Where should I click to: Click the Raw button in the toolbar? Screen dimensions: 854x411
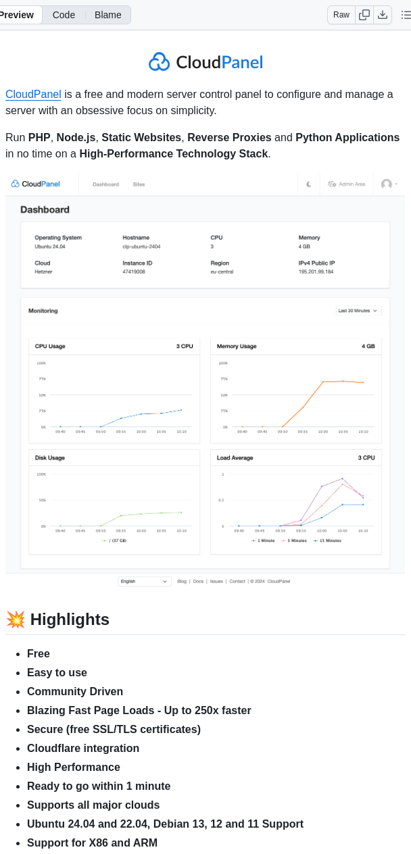341,15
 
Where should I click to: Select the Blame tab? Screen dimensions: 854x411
108,15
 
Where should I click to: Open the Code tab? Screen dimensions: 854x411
64,15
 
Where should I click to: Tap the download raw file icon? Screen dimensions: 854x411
383,15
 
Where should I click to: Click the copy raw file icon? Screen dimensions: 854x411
364,15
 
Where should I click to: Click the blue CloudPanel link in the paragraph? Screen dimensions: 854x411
33,95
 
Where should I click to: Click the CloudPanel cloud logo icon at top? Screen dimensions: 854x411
160,62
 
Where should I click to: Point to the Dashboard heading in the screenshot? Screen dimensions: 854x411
45,209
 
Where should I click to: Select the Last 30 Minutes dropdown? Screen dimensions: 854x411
358,311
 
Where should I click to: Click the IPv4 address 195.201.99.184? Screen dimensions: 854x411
316,272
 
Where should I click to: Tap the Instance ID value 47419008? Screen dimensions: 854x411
134,272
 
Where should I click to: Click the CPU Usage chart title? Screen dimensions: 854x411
50,347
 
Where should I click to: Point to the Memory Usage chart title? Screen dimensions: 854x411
237,347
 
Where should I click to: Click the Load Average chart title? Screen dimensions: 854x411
235,458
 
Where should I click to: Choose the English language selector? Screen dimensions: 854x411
144,581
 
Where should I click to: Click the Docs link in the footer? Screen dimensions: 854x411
198,581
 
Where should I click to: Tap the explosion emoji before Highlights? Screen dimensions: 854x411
15,620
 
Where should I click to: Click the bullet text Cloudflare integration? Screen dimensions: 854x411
83,749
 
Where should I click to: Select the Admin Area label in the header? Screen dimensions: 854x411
352,184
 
